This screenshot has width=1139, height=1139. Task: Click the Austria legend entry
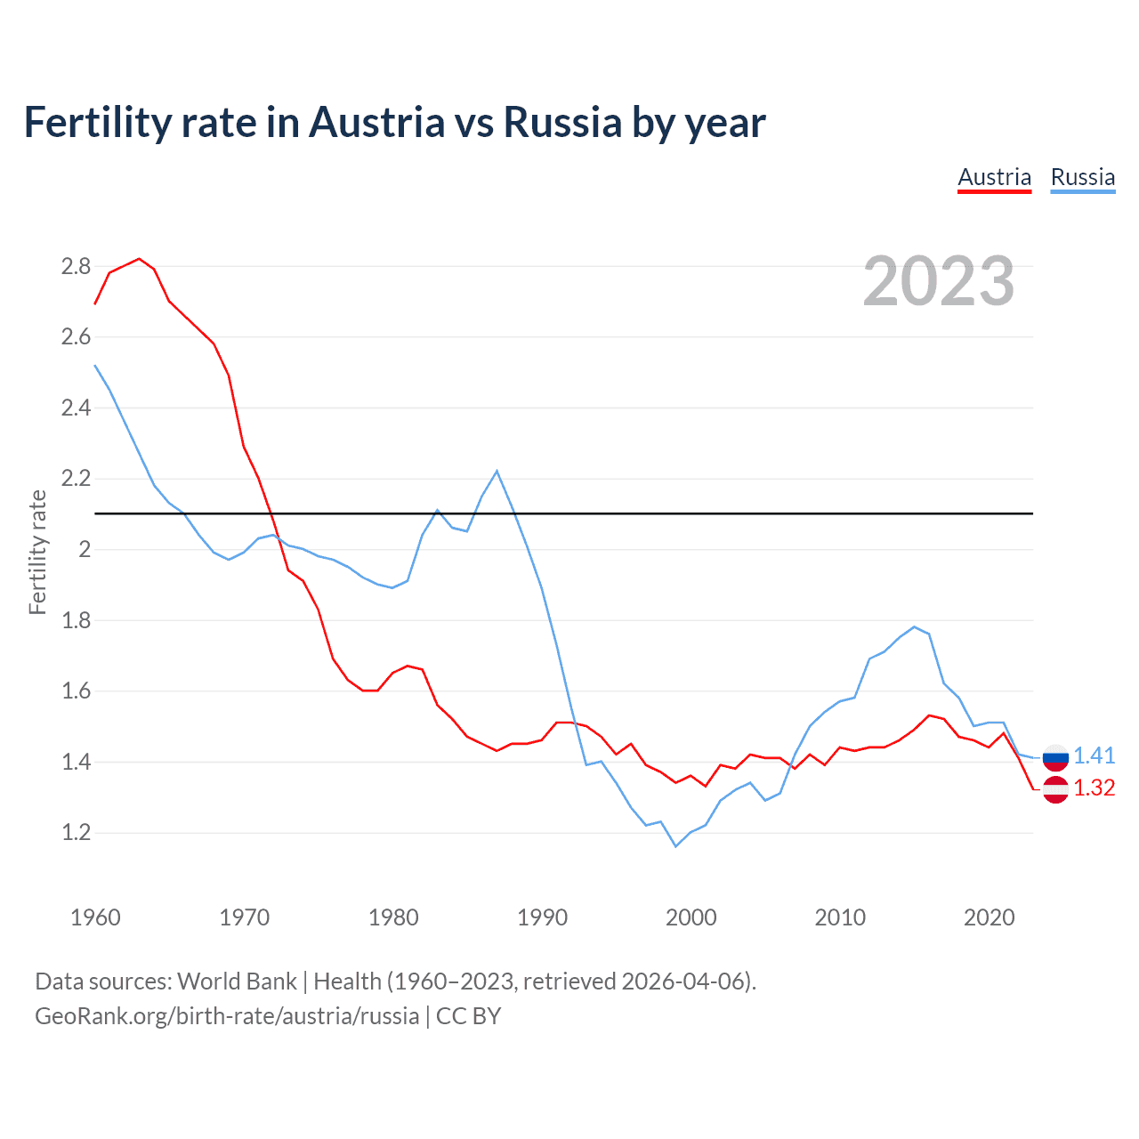pos(994,177)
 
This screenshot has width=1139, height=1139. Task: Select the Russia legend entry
pos(1082,177)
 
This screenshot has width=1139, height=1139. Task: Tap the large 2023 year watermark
pos(939,281)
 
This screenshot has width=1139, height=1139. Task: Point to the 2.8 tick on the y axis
pos(76,266)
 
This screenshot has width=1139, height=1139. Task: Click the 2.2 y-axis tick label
pos(76,479)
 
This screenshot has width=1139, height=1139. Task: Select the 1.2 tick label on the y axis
pos(76,833)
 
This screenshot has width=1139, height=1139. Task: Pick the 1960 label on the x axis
pos(95,917)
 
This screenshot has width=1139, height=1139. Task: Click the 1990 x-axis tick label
pos(542,917)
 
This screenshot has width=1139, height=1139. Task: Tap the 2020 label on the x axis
pos(989,917)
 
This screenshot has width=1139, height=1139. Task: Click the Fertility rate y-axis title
pos(37,552)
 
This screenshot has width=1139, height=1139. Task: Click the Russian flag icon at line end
pos(1055,757)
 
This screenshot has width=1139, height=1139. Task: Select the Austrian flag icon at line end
pos(1055,789)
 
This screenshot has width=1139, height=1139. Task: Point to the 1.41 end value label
pos(1094,755)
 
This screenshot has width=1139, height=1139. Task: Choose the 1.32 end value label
pos(1094,788)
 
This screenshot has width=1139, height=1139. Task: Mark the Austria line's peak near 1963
pos(139,259)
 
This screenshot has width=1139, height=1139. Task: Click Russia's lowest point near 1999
pos(675,846)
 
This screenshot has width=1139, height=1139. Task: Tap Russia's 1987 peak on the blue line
pos(497,471)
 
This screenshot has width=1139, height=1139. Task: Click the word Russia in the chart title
pos(562,122)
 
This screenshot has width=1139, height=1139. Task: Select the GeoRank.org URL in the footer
pos(226,1015)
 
